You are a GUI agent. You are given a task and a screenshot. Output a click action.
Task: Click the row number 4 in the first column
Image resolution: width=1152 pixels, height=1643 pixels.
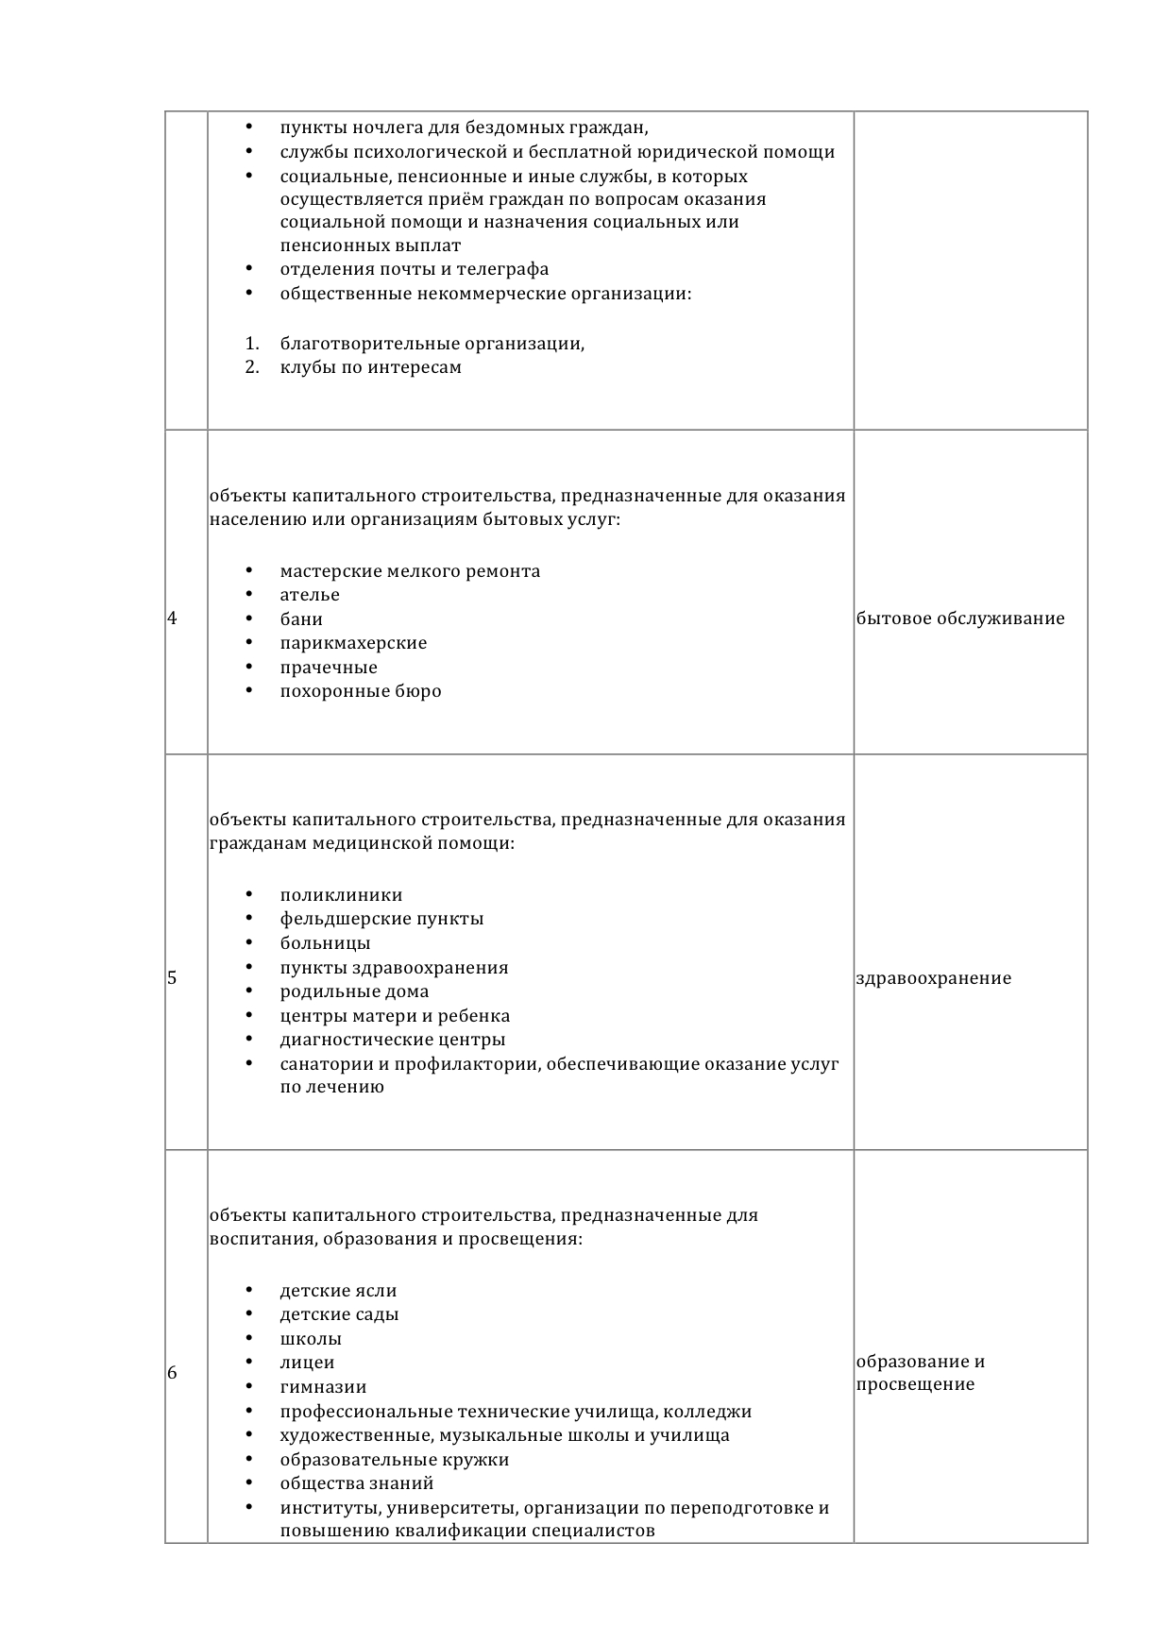[x=172, y=619]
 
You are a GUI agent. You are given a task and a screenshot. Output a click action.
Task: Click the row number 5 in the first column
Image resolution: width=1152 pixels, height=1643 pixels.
[x=172, y=978]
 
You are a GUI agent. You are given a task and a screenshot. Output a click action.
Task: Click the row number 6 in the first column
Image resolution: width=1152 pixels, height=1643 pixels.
[x=172, y=1374]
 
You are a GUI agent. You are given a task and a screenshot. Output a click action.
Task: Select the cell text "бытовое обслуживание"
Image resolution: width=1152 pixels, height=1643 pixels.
[x=959, y=619]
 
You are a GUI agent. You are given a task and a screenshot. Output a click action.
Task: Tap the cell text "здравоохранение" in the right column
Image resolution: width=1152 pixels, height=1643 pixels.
[x=933, y=978]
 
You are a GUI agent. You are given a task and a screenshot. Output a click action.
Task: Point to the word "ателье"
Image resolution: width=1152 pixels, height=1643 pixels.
[x=310, y=595]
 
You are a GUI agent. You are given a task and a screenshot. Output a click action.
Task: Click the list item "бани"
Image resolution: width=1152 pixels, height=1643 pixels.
[x=301, y=619]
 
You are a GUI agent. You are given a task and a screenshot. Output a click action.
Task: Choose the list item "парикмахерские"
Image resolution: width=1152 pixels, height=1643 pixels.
[x=353, y=643]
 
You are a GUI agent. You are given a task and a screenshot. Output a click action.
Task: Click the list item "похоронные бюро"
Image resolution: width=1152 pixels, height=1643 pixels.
[x=361, y=691]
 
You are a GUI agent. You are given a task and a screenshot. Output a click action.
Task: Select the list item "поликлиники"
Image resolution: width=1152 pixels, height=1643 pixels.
[x=341, y=895]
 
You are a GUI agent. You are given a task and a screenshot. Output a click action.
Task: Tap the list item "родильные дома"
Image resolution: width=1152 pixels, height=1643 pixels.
[x=354, y=991]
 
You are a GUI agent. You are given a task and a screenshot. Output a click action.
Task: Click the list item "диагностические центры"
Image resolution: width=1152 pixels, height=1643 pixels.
[x=393, y=1040]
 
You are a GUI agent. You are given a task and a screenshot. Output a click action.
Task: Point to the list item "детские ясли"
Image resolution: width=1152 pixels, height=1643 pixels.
[x=338, y=1291]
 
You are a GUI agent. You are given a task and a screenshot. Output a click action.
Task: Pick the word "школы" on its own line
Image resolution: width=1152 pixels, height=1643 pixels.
[x=311, y=1339]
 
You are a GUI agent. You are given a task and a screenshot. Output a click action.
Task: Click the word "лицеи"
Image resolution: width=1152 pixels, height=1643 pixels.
[x=307, y=1363]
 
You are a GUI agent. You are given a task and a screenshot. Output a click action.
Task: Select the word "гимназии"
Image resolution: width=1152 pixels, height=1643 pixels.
[x=323, y=1387]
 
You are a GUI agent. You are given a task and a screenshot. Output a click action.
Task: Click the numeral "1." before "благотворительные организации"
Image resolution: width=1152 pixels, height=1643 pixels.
[x=252, y=344]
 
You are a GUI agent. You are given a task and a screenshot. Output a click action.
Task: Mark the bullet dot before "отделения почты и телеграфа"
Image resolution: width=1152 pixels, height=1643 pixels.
[x=249, y=269]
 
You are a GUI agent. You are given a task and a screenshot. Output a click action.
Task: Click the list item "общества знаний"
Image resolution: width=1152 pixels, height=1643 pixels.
[x=357, y=1483]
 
